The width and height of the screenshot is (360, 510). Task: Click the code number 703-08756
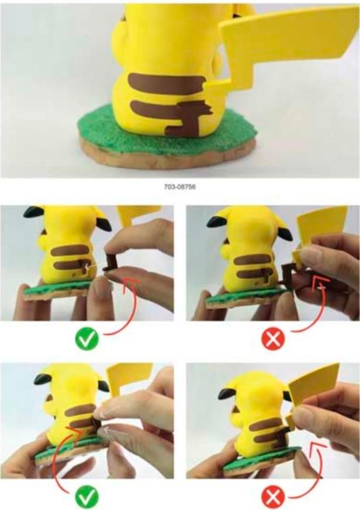coord(179,189)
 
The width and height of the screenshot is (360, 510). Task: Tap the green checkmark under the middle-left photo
coord(86,338)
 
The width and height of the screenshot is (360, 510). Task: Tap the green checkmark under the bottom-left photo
coord(86,497)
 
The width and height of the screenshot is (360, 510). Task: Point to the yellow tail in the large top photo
coord(281,47)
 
